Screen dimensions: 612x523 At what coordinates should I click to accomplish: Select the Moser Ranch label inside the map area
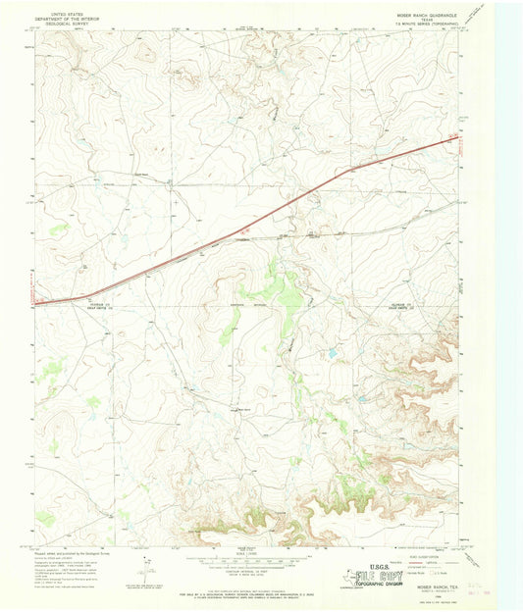[236, 410]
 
